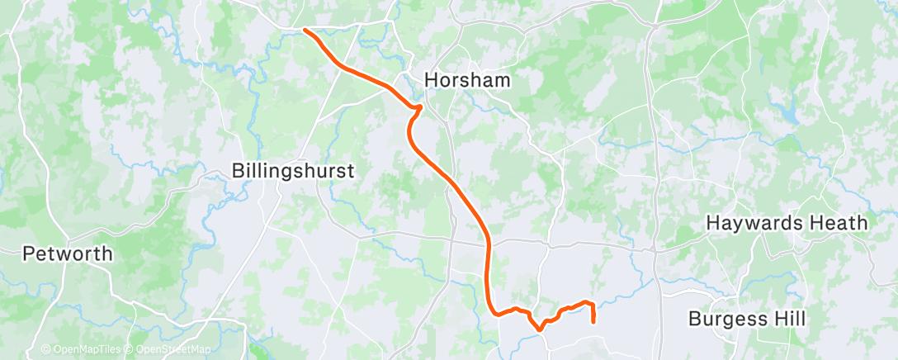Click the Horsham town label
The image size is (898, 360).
pyautogui.click(x=467, y=80)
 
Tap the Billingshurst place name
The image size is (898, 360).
pyautogui.click(x=293, y=171)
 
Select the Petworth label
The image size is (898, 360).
pyautogui.click(x=68, y=253)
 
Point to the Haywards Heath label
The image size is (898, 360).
pyautogui.click(x=787, y=223)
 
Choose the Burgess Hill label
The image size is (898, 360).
pyautogui.click(x=747, y=319)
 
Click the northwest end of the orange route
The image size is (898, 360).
pyautogui.click(x=305, y=30)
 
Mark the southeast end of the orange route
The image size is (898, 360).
pyautogui.click(x=593, y=321)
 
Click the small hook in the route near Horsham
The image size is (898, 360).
pyautogui.click(x=419, y=107)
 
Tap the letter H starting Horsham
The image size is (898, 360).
pyautogui.click(x=431, y=80)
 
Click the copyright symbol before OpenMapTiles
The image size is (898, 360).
pyautogui.click(x=46, y=349)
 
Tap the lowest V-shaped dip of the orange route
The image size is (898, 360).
pyautogui.click(x=539, y=329)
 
